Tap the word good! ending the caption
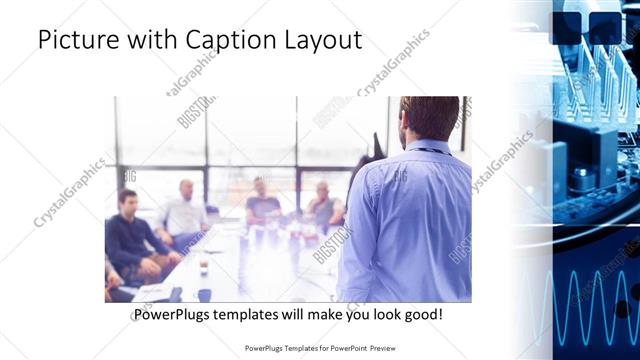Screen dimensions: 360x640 coord(424,314)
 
